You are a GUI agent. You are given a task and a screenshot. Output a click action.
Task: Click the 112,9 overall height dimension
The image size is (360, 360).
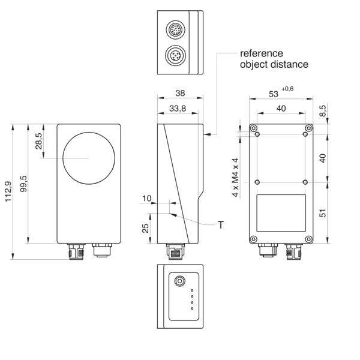tap(8, 192)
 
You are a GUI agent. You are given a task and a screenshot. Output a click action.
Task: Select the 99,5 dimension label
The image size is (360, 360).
tap(23, 184)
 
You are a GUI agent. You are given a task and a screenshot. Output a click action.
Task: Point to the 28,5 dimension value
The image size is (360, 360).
tap(39, 141)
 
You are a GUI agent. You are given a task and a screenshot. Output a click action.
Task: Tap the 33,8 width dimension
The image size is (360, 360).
tap(178, 109)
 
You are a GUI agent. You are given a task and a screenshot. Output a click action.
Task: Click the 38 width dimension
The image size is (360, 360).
tap(180, 93)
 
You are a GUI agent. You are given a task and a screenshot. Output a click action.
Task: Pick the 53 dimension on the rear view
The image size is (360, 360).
tap(274, 94)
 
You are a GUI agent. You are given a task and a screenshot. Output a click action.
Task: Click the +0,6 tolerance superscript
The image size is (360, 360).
tap(287, 89)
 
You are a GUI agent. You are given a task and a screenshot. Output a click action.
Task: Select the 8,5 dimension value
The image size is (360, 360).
tap(323, 110)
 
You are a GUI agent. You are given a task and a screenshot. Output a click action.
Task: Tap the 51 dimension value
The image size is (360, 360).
tap(323, 213)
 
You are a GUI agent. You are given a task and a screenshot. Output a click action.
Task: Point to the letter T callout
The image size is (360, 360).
tap(221, 225)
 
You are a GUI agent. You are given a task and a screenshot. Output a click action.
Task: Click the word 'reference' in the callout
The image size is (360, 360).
tap(262, 53)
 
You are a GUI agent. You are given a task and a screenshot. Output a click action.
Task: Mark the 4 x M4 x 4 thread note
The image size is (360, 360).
tap(236, 178)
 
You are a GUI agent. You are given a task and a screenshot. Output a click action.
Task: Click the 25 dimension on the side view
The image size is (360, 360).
tap(146, 228)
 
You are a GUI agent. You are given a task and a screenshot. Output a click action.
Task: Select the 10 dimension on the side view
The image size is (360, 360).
tap(147, 199)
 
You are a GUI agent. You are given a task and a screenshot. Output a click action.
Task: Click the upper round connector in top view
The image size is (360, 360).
tap(175, 29)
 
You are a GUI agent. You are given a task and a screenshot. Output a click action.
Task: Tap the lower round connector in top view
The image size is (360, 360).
tap(175, 55)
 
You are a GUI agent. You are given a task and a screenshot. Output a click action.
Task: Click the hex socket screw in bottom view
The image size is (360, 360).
tap(179, 281)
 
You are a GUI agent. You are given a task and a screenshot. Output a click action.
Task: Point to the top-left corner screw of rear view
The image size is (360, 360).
tap(253, 128)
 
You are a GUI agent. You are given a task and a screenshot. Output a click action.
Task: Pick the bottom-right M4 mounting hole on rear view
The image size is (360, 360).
tap(305, 182)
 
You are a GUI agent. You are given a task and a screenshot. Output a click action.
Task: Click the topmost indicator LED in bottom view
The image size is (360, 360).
tap(192, 290)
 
